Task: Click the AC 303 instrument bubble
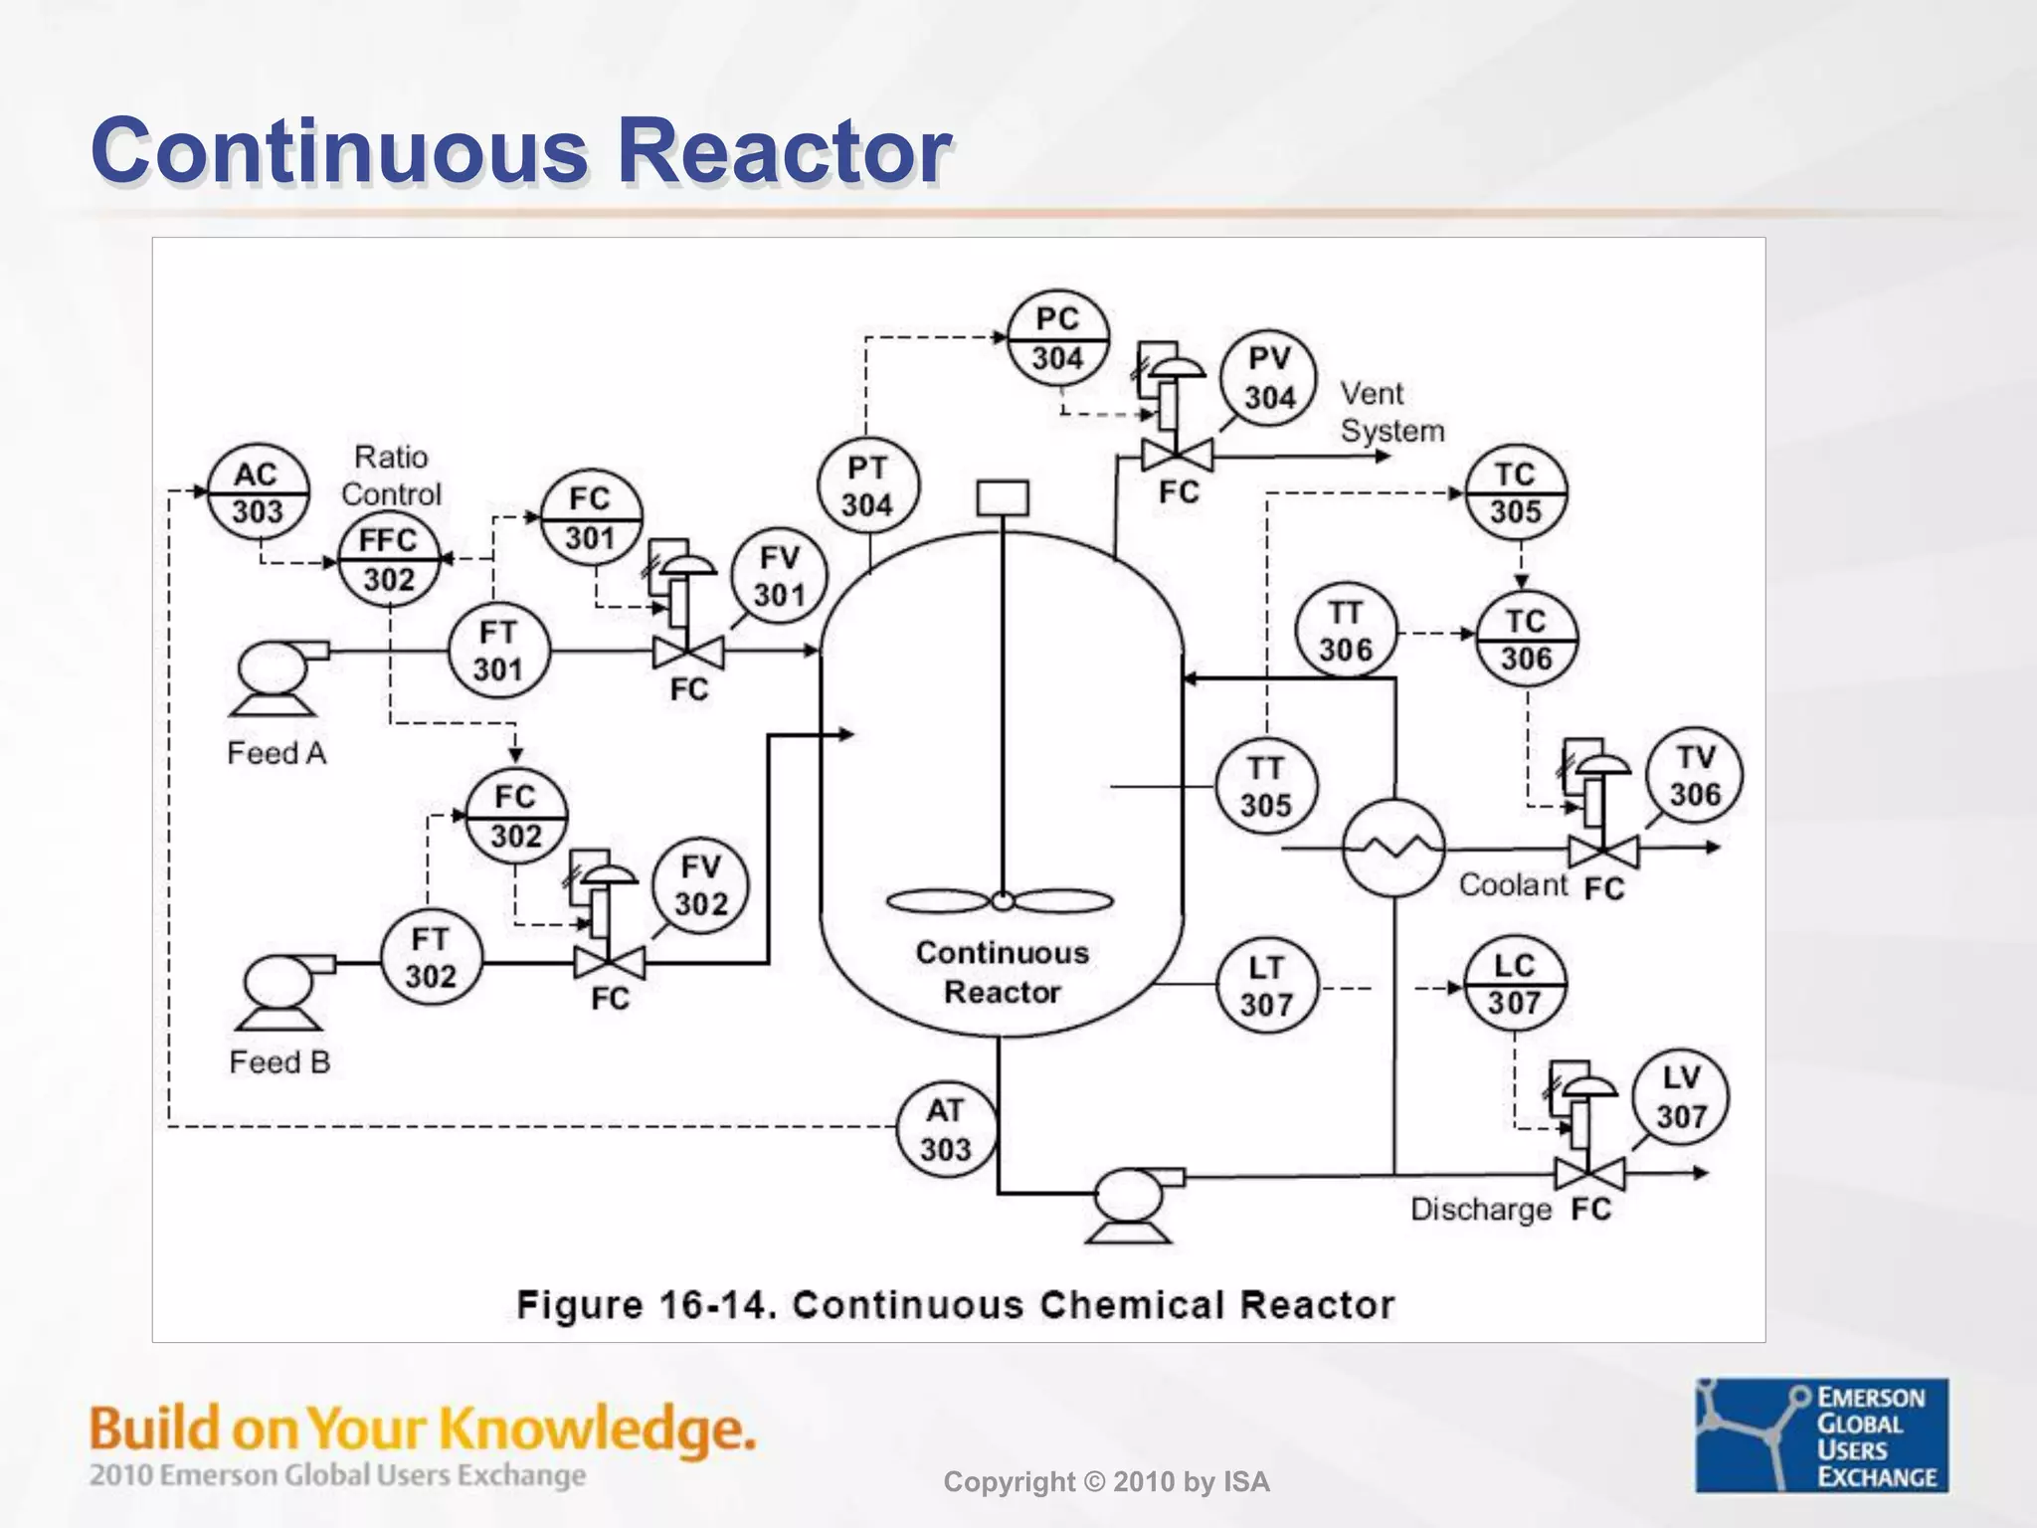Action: (258, 492)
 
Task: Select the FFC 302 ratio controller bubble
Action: (388, 559)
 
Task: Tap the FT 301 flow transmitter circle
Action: (497, 651)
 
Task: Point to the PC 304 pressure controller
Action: (1057, 338)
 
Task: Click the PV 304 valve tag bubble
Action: (1269, 378)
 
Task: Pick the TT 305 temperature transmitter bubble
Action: (1265, 787)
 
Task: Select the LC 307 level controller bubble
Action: (1514, 984)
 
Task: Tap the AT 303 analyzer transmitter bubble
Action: (945, 1129)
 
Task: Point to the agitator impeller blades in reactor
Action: (1001, 901)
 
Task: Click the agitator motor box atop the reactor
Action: (1003, 498)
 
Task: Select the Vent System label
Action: (1390, 413)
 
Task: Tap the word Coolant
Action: (1513, 884)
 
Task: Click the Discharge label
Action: (1480, 1210)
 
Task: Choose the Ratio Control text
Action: (391, 476)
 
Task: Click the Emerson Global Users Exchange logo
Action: (1821, 1434)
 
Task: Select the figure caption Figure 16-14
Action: (955, 1304)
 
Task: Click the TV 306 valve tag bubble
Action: (1695, 776)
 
